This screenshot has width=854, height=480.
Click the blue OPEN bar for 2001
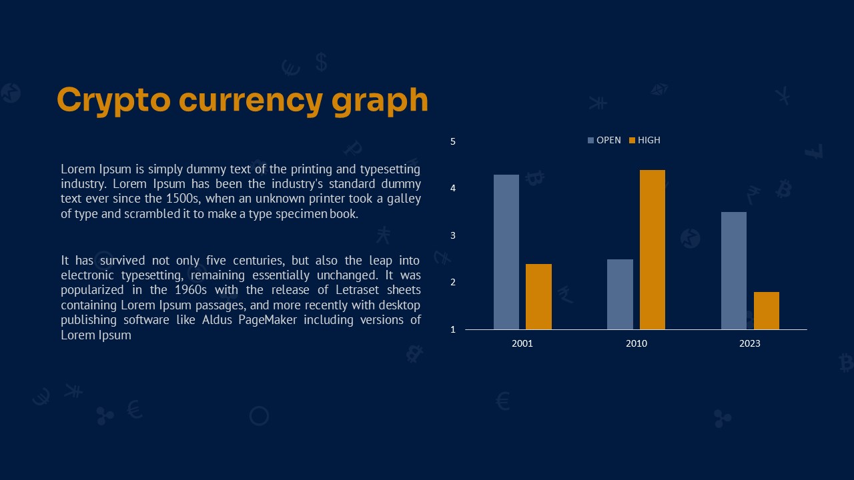point(506,252)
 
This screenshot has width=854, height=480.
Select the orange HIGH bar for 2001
point(538,297)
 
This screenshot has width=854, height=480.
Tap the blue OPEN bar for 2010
point(620,294)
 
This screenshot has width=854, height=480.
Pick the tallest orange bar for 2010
point(653,249)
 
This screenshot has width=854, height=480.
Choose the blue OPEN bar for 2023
point(734,271)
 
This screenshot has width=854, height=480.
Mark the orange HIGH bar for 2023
point(767,311)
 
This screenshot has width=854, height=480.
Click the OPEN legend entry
point(604,140)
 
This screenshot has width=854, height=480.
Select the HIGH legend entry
point(645,140)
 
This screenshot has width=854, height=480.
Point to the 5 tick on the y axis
point(453,142)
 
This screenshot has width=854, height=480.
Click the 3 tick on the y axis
point(453,235)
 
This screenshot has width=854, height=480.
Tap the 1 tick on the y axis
point(453,329)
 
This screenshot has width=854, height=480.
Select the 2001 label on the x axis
point(522,343)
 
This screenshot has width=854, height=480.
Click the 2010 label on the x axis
point(636,343)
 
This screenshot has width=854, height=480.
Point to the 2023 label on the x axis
point(750,343)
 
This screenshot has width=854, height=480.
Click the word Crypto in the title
point(113,101)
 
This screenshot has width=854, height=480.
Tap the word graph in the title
point(380,101)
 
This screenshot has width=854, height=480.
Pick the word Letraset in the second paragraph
point(357,290)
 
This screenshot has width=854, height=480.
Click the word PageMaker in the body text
point(268,320)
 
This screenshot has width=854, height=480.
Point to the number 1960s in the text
point(191,290)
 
